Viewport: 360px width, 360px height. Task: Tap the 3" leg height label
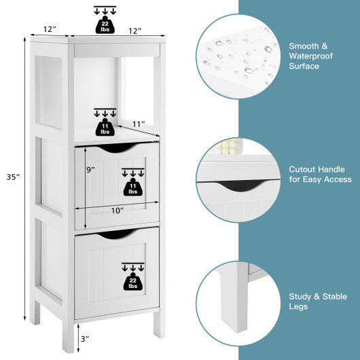tap(84, 338)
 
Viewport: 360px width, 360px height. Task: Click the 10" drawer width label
tap(118, 211)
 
